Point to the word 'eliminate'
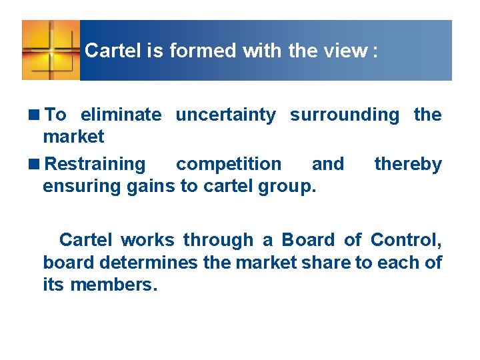121,115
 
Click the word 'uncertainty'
225,115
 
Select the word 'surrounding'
344,115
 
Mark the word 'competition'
228,164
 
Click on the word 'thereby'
408,164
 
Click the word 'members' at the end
112,285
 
